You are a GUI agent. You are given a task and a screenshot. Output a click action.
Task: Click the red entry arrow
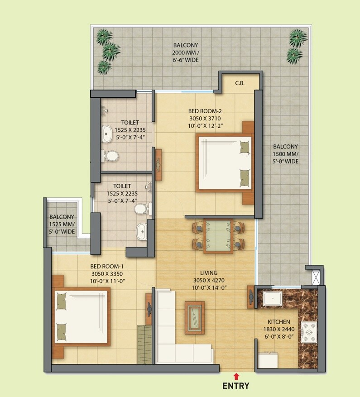click(x=236, y=376)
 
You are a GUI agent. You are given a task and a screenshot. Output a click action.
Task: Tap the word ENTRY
click(x=236, y=386)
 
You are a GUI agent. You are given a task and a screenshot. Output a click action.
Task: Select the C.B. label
click(x=240, y=83)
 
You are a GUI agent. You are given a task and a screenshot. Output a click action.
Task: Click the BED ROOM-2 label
click(x=205, y=110)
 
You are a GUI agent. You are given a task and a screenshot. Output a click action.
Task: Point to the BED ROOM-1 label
click(x=107, y=266)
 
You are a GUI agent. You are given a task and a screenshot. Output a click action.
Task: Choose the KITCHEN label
click(x=278, y=322)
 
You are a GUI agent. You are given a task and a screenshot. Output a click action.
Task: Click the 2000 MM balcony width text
click(x=186, y=53)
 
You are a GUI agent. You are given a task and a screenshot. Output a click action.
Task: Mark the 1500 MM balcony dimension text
click(x=285, y=154)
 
